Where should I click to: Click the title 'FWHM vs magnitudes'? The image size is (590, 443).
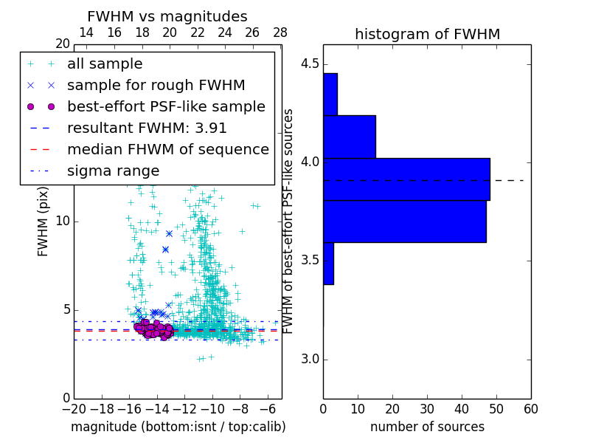(167, 16)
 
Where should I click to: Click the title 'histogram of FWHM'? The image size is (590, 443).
(427, 34)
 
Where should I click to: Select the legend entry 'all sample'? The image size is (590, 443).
(105, 64)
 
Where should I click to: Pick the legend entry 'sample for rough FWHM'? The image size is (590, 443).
(156, 85)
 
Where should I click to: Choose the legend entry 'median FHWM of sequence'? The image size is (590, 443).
(167, 149)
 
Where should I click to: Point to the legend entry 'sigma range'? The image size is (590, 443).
(113, 171)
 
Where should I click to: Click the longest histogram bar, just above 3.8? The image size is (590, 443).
(406, 179)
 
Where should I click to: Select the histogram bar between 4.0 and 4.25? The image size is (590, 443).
(350, 137)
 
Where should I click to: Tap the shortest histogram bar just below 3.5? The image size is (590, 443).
(328, 263)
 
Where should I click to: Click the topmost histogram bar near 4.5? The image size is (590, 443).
(330, 94)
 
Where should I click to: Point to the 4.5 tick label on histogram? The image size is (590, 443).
(309, 63)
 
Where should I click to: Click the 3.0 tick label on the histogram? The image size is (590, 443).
(309, 360)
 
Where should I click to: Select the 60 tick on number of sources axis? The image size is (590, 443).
(530, 408)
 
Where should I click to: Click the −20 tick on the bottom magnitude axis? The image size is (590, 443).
(74, 408)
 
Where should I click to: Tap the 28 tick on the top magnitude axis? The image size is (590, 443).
(280, 32)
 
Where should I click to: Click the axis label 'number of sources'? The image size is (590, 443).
(427, 427)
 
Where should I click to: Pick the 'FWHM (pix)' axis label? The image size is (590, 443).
(44, 221)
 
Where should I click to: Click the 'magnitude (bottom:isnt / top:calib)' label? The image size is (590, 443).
(178, 427)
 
